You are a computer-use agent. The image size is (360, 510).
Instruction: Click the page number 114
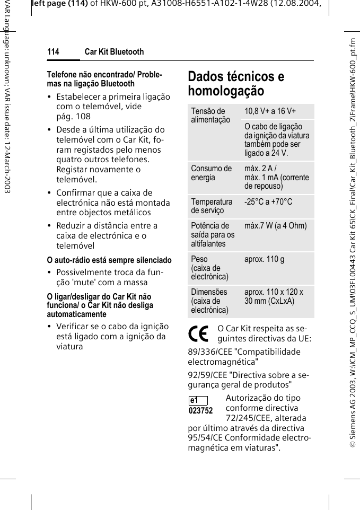(53, 52)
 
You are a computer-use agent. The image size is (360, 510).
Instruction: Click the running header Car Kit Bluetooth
(114, 52)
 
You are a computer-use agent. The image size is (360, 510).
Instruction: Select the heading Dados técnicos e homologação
(236, 84)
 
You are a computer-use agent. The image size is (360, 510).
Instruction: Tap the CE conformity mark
(199, 333)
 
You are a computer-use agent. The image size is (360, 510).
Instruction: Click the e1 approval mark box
(197, 400)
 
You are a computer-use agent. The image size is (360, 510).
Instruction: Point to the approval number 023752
(200, 411)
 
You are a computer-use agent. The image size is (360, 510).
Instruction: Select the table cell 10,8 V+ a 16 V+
(270, 111)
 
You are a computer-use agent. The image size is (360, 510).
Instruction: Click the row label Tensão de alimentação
(210, 116)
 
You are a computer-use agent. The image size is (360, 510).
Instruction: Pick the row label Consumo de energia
(212, 173)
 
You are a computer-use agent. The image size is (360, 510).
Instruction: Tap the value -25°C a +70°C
(268, 202)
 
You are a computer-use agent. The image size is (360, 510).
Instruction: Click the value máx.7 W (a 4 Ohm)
(275, 226)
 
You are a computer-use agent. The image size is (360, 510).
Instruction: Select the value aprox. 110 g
(264, 259)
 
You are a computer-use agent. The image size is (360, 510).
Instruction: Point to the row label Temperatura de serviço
(212, 206)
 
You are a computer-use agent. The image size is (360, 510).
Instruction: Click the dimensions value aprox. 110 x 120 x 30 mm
(274, 296)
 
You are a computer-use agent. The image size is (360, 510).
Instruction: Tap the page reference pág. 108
(74, 116)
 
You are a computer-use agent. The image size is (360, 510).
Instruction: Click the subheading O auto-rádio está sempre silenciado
(109, 260)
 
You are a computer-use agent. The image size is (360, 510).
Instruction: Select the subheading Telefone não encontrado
(97, 75)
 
